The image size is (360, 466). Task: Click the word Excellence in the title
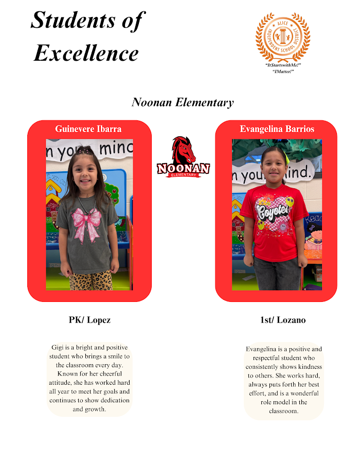point(86,52)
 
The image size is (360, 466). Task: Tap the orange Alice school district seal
point(283,37)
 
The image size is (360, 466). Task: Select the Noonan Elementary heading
point(183,102)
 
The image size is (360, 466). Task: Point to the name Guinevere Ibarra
point(88,129)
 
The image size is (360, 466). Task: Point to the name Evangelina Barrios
point(277,129)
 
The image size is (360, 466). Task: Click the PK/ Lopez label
point(89,320)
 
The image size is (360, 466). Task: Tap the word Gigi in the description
point(58,348)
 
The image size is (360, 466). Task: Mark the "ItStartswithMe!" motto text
point(283,66)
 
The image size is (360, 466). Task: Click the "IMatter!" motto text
point(283,71)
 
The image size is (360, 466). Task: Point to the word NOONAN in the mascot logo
point(184,168)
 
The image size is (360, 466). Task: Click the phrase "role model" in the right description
point(274,402)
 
